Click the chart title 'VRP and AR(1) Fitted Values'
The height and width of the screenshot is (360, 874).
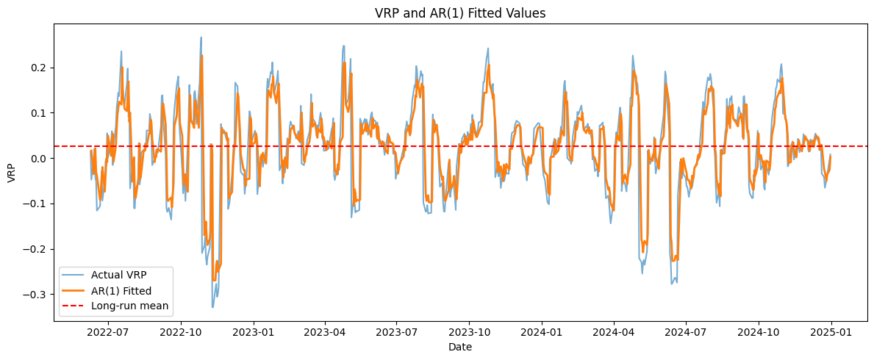(460, 12)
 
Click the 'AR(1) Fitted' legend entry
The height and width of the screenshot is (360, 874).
(121, 290)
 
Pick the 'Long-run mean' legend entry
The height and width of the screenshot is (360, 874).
(129, 306)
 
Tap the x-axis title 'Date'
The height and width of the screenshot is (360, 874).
(460, 347)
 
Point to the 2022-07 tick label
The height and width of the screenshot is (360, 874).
(108, 332)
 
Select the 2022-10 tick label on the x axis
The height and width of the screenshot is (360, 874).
(181, 332)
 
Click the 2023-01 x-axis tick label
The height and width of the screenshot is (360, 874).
(254, 332)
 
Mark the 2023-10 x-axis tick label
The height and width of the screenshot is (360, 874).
(470, 332)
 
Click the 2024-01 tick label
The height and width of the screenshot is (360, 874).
(542, 332)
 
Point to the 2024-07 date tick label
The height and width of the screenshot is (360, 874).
(686, 332)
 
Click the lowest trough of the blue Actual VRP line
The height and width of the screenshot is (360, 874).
(212, 307)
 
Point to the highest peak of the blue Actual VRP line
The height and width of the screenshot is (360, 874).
(201, 37)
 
